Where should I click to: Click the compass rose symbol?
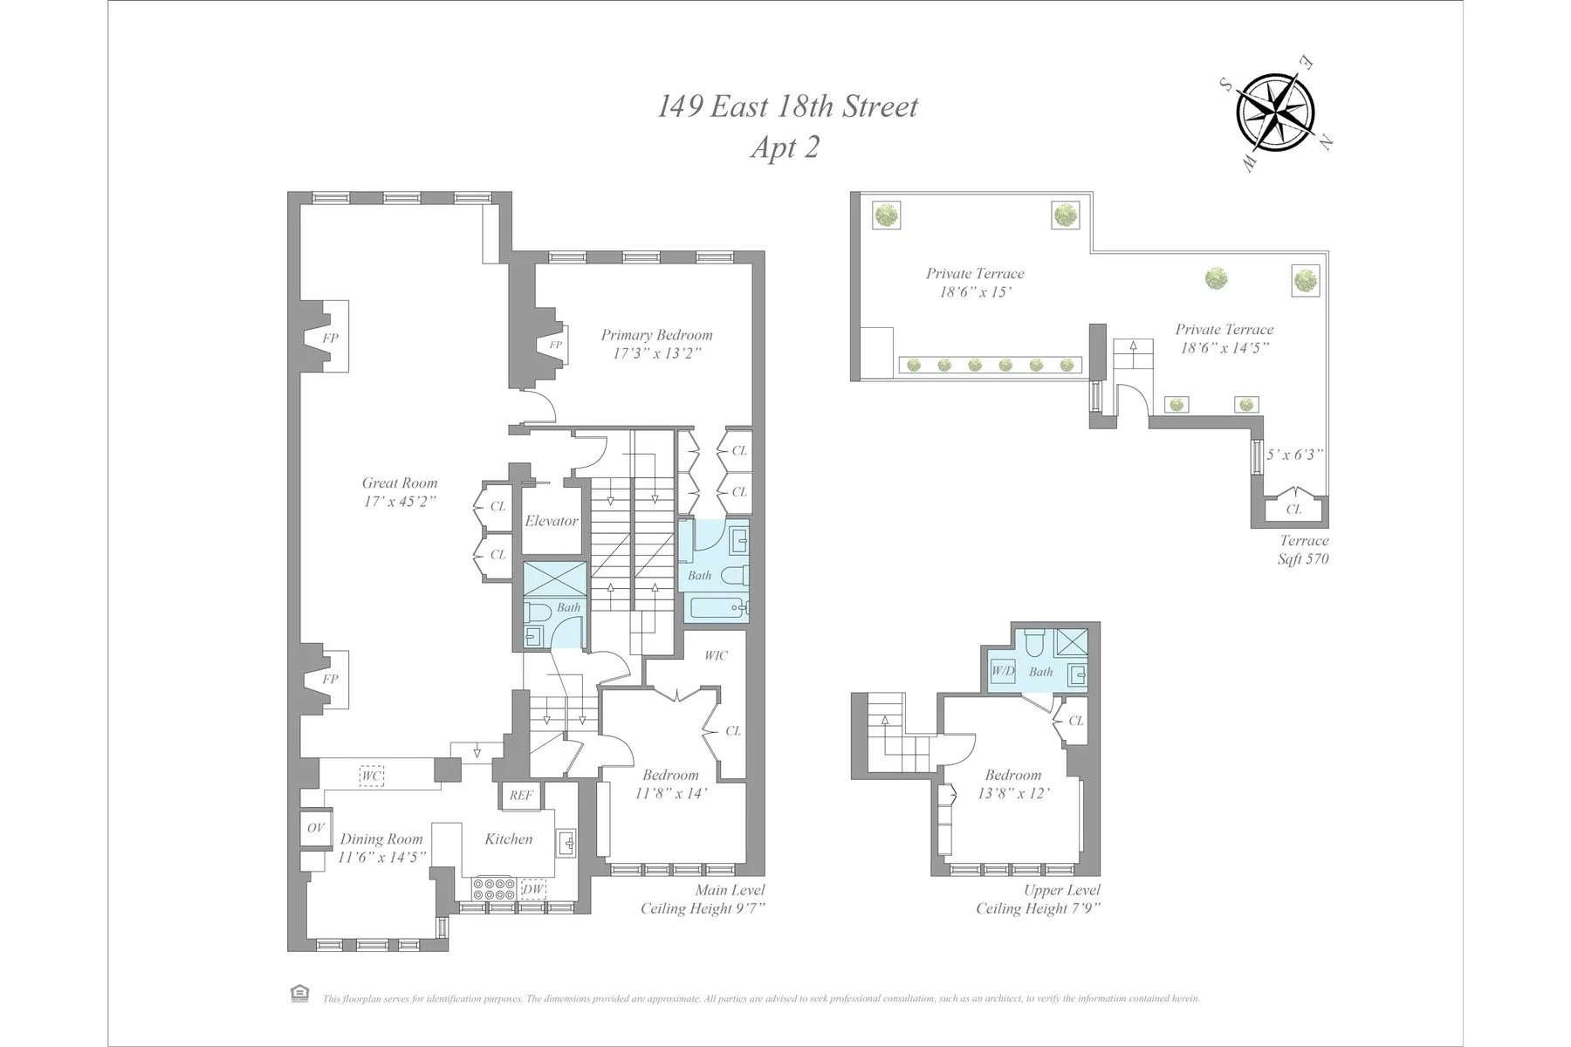pyautogui.click(x=1277, y=113)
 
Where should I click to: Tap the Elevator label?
pyautogui.click(x=551, y=521)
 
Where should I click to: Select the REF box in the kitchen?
pyautogui.click(x=521, y=795)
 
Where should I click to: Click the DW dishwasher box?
pyautogui.click(x=532, y=890)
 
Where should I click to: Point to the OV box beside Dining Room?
pyautogui.click(x=315, y=827)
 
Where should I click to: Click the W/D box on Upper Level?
pyautogui.click(x=1003, y=671)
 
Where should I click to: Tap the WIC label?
pyautogui.click(x=716, y=655)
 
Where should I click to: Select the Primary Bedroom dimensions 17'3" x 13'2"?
pyautogui.click(x=656, y=353)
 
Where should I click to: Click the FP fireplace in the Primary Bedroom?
pyautogui.click(x=555, y=345)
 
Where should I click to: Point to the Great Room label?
pyautogui.click(x=400, y=482)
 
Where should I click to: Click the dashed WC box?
pyautogui.click(x=372, y=776)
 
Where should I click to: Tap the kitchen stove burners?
pyautogui.click(x=494, y=889)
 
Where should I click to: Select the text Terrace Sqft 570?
pyautogui.click(x=1303, y=550)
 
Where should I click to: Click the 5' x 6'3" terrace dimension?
pyautogui.click(x=1295, y=455)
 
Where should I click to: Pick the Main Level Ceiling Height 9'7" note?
pyautogui.click(x=703, y=900)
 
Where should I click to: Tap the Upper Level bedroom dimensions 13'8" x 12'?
pyautogui.click(x=1012, y=793)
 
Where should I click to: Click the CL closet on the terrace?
pyautogui.click(x=1293, y=509)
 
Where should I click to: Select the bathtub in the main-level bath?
pyautogui.click(x=717, y=607)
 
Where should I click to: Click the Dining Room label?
pyautogui.click(x=381, y=838)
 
